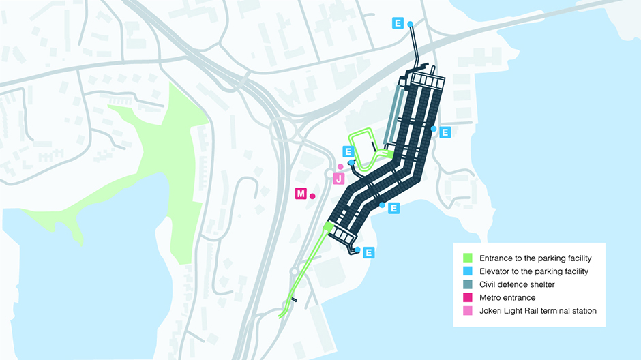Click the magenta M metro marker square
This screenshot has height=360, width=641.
[x=301, y=194]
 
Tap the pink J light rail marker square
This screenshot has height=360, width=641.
[x=338, y=179]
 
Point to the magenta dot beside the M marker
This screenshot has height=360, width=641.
[x=312, y=196]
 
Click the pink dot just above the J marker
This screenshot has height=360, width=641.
[x=340, y=167]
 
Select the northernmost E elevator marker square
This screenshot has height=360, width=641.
[x=398, y=22]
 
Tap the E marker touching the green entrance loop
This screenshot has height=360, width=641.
[x=348, y=151]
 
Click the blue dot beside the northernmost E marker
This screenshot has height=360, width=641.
[x=411, y=25]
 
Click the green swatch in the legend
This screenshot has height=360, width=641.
[x=468, y=258]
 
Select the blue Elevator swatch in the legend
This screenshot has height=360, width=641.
[x=468, y=271]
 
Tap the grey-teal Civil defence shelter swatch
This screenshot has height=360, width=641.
[x=468, y=284]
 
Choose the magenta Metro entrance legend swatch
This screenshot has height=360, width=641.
[x=468, y=297]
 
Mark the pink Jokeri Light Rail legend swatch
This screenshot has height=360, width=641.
[x=468, y=310]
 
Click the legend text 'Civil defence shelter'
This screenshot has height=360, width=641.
[x=517, y=284]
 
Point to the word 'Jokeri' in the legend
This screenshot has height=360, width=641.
[x=492, y=311]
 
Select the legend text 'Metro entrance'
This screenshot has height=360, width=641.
[x=507, y=297]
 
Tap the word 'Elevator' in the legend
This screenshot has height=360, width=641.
[x=496, y=271]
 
